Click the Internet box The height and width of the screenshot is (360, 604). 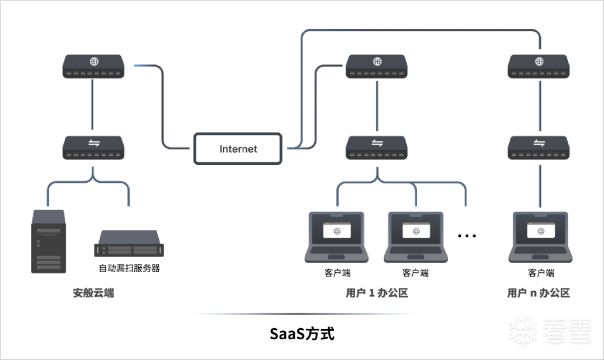(238, 149)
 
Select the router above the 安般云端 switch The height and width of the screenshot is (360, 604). (93, 67)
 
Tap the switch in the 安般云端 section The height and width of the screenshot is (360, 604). (93, 148)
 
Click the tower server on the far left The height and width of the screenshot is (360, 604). (49, 241)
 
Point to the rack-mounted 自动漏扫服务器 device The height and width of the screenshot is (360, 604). (129, 243)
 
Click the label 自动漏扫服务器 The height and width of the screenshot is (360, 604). (129, 268)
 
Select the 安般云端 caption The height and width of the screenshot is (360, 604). (93, 293)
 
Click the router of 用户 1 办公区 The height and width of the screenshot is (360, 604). (377, 67)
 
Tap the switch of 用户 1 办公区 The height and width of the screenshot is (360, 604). (377, 148)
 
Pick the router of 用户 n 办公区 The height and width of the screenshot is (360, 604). (539, 67)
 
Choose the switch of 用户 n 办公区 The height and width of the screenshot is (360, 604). (539, 148)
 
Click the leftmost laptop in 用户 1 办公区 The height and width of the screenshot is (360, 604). (337, 237)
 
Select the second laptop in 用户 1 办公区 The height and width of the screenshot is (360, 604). (416, 237)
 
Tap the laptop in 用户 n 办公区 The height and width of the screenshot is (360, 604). (540, 237)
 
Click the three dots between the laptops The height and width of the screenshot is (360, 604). (467, 236)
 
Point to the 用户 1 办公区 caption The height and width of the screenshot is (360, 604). (377, 293)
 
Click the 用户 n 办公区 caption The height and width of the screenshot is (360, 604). (539, 293)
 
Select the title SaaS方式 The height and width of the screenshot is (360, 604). (302, 334)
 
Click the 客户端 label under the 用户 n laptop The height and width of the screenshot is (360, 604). (541, 273)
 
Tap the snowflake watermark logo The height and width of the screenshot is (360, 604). (523, 331)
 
